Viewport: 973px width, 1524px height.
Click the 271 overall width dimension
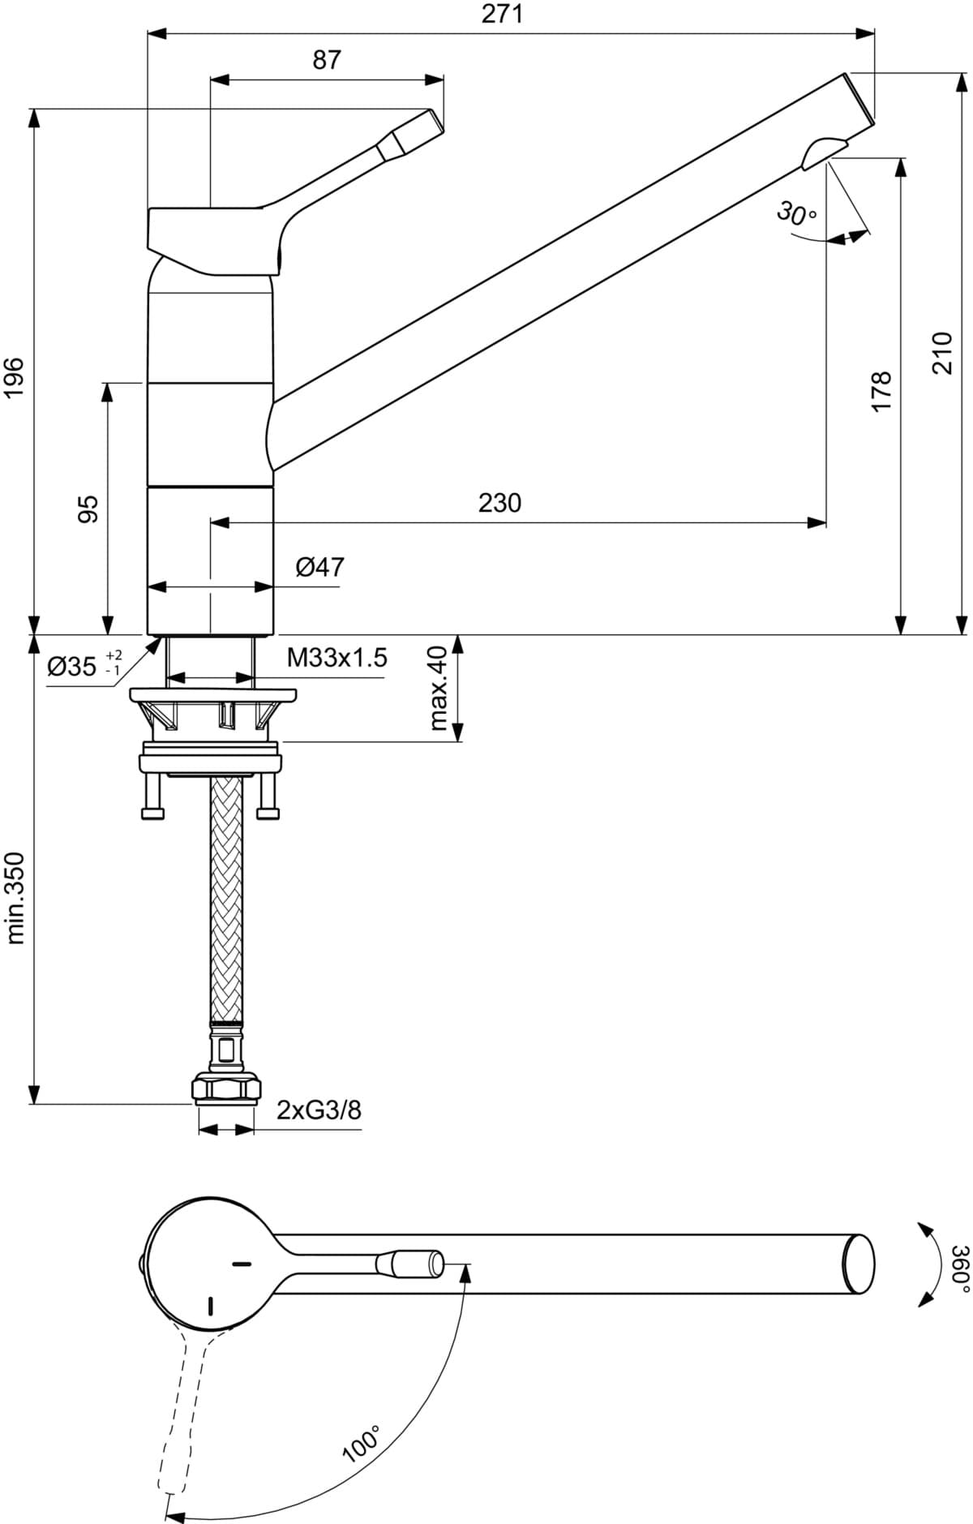[x=503, y=14]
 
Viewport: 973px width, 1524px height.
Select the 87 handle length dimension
[x=327, y=60]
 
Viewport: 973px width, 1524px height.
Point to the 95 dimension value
[x=88, y=509]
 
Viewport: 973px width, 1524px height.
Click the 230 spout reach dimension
[x=499, y=503]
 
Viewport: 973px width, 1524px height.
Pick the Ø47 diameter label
[x=319, y=567]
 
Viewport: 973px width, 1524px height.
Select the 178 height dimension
[x=881, y=391]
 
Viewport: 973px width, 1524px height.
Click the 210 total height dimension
[x=941, y=353]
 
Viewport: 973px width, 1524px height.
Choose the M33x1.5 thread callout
[x=336, y=658]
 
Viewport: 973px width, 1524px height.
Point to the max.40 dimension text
[x=439, y=688]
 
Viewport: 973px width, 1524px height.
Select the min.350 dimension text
[x=15, y=898]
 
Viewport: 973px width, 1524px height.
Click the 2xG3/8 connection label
[x=319, y=1110]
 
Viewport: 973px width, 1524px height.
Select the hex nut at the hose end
[x=226, y=1088]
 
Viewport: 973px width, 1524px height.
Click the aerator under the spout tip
[x=822, y=152]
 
